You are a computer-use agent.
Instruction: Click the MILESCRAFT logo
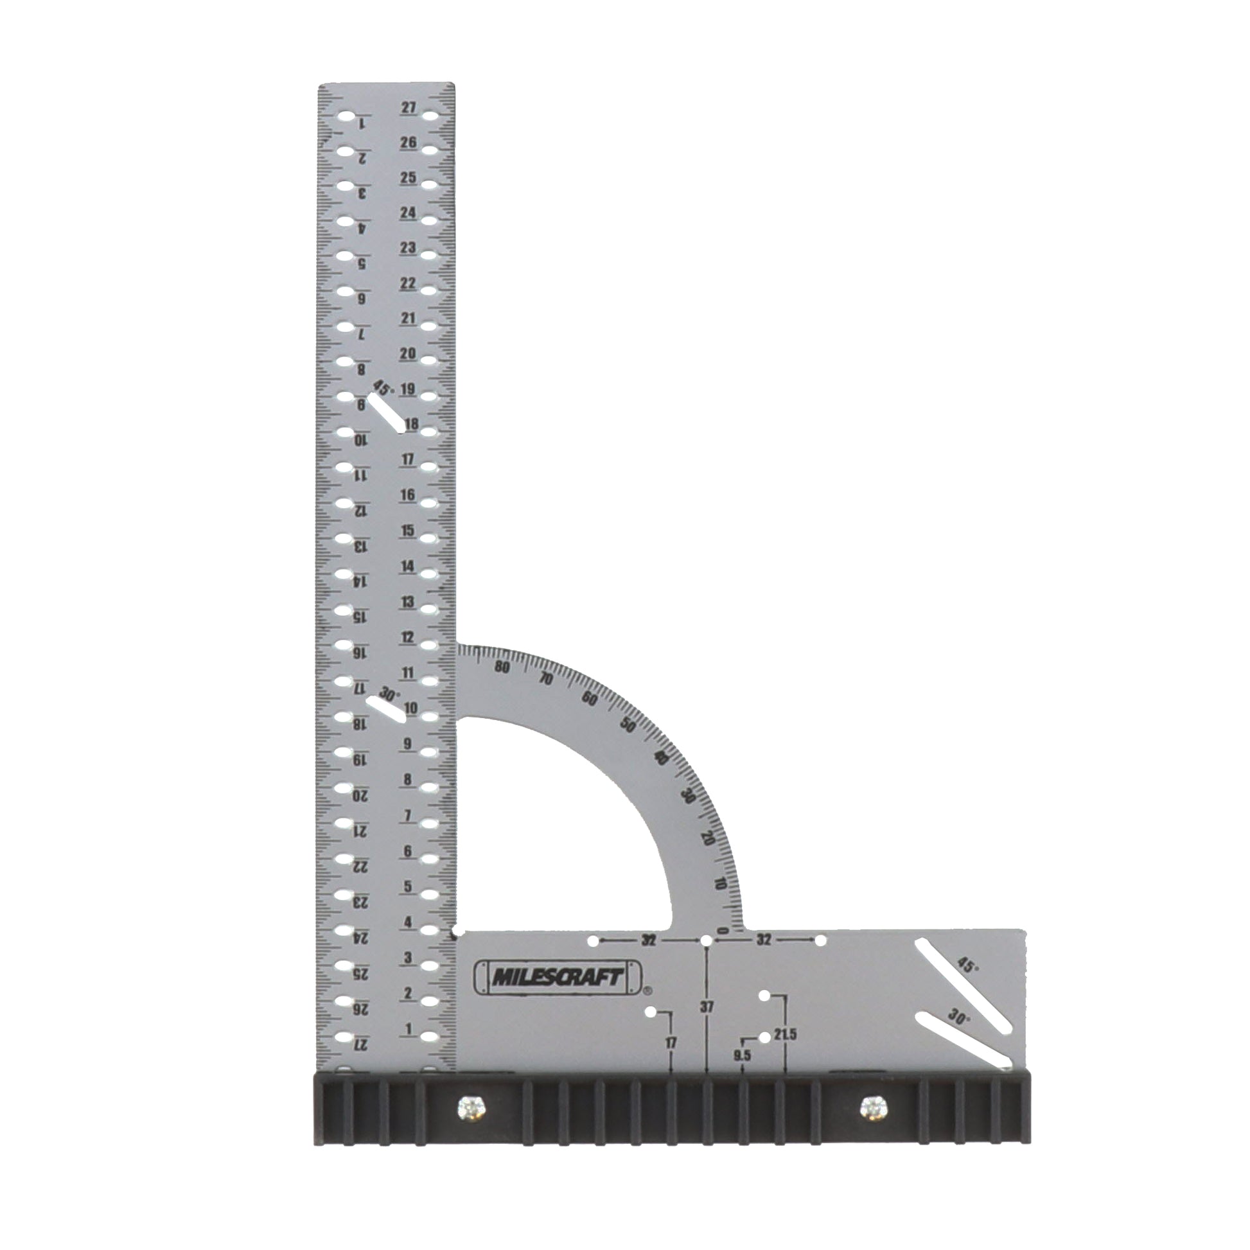click(557, 977)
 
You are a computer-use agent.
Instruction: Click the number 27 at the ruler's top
click(409, 107)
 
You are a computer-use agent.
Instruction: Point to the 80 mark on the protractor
click(502, 667)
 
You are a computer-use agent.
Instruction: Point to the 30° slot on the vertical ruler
click(385, 710)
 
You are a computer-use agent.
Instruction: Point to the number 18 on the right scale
click(411, 425)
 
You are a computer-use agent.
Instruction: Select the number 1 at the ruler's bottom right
click(409, 1028)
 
